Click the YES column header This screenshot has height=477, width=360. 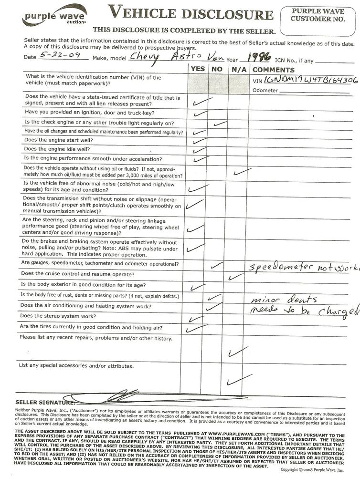pyautogui.click(x=198, y=69)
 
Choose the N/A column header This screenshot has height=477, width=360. pyautogui.click(x=236, y=69)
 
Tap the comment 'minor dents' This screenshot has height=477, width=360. pyautogui.click(x=276, y=300)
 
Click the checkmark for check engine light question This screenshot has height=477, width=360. pyautogui.click(x=220, y=124)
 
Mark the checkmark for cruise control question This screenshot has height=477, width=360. pyautogui.click(x=236, y=276)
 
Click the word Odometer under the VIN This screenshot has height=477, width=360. pyautogui.click(x=265, y=90)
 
